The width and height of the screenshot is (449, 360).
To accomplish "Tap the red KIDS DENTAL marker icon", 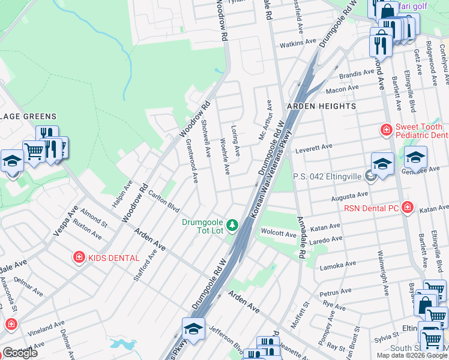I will click(79, 257).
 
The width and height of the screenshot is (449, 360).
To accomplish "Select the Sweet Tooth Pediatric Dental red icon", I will click(387, 129).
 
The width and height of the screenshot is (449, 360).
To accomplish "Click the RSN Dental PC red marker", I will click(408, 208).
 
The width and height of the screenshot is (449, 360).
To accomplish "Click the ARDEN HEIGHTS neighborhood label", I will click(321, 106).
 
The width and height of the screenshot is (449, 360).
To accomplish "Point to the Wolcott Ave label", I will click(278, 233).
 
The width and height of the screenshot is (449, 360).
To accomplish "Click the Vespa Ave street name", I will click(65, 220).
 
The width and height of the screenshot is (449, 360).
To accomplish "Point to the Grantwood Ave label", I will click(191, 161).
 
